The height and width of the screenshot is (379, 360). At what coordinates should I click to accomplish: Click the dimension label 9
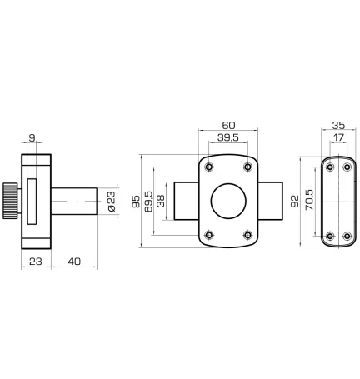click(32, 137)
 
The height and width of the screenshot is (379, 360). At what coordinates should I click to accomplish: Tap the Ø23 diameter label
click(112, 202)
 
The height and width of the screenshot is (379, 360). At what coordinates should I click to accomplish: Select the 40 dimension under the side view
click(74, 262)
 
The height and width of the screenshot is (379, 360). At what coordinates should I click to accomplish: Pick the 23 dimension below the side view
click(36, 262)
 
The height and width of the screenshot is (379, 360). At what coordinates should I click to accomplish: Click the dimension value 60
click(228, 126)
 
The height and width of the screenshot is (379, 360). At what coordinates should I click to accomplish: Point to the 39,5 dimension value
click(228, 137)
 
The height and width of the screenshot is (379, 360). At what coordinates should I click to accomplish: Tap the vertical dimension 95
click(136, 202)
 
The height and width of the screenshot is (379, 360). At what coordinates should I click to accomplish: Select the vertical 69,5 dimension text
click(148, 202)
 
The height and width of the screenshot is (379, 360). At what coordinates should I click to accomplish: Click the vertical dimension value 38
click(161, 201)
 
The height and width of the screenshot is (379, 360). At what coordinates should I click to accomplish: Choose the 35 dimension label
click(338, 126)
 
